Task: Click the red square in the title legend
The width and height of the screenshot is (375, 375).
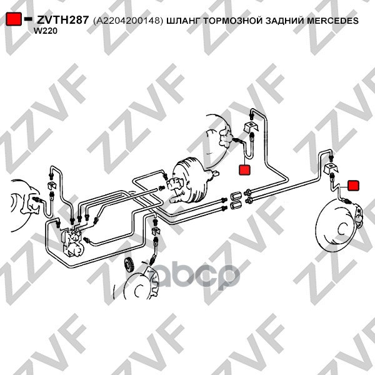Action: pos(13,19)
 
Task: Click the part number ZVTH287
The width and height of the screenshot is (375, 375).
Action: pos(63,20)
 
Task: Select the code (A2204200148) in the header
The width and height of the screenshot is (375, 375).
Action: pos(128,21)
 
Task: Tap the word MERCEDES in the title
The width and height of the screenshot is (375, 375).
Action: pos(332,21)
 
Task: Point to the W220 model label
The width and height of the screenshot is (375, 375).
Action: pos(46,31)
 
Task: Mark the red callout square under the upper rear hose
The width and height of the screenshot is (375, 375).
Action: pos(244,170)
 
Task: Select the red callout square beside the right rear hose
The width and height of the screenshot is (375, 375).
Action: pos(353,186)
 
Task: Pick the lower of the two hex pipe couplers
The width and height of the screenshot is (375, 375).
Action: pos(235,205)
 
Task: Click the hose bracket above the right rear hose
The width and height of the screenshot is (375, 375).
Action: pos(331,168)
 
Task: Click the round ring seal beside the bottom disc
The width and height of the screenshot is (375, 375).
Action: pos(129,264)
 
